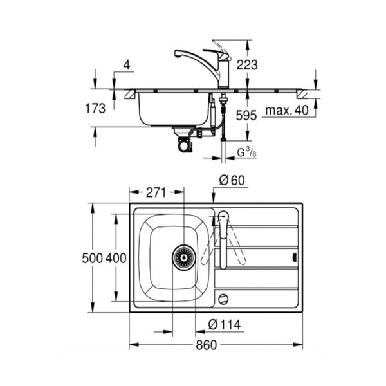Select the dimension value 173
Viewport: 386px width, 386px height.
click(x=94, y=109)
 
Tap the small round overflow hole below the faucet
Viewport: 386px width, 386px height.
click(x=223, y=298)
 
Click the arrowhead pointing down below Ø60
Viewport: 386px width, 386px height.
click(x=214, y=201)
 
